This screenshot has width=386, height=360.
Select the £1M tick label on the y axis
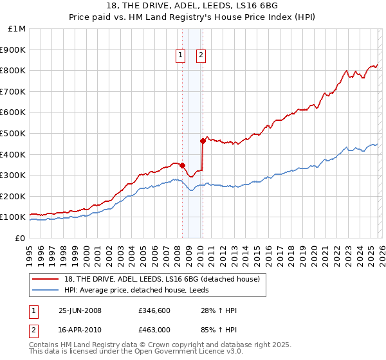17,28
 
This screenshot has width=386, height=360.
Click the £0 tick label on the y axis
21,238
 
